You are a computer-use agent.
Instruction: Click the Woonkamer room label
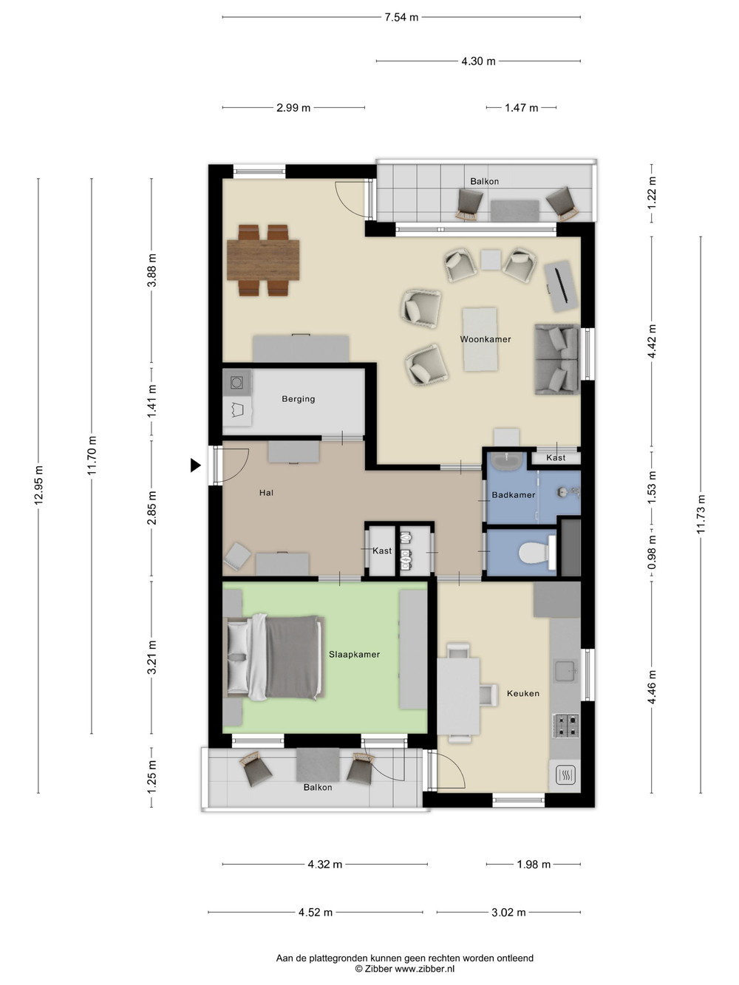coord(485,339)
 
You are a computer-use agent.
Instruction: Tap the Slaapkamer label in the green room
coord(354,655)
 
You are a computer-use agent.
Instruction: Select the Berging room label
coord(298,399)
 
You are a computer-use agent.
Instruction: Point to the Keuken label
coord(522,693)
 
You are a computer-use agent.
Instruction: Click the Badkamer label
coord(514,495)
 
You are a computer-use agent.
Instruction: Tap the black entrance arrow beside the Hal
coord(196,466)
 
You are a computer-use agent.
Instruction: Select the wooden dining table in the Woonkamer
coord(263,260)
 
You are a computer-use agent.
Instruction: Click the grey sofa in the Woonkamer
coord(556,359)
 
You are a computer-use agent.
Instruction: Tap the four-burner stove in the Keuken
coord(566,726)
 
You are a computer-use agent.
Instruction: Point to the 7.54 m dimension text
coord(401,18)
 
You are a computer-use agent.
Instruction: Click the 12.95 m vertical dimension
coord(38,485)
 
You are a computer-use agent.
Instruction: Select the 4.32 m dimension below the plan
coord(325,865)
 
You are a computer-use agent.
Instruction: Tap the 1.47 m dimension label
coord(522,108)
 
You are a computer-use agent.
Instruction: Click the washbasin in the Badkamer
coord(507,461)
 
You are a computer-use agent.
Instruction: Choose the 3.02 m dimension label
coord(508,913)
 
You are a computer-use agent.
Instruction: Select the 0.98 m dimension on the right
coord(652,553)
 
